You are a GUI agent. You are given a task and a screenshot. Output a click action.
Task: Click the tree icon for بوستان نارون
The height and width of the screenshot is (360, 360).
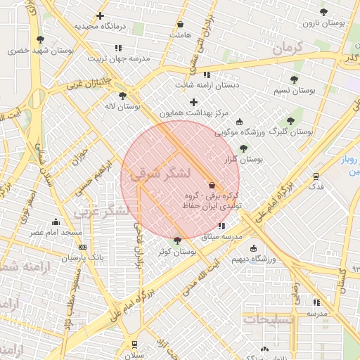pos(323,12)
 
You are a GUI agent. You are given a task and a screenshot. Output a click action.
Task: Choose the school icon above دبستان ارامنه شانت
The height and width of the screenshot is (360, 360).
pos(207,75)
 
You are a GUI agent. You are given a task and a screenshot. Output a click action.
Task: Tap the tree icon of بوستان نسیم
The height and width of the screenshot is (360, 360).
pos(294,80)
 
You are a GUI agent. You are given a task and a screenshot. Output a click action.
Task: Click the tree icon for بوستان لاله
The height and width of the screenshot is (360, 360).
pos(122,96)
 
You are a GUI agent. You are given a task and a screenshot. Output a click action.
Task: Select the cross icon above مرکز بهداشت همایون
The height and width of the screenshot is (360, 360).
pos(194,103)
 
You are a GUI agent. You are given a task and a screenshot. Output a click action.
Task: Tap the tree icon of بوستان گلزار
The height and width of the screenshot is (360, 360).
pos(243,148)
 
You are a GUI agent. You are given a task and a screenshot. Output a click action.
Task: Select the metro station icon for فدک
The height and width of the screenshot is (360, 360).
pos(316,176)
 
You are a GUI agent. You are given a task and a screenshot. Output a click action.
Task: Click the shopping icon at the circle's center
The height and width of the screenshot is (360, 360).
pos(212,184)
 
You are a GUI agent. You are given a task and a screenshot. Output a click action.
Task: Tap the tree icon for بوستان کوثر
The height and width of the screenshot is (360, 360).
pos(176,240)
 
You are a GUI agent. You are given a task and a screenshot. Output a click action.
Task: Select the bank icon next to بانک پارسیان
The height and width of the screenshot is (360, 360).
pos(83,247)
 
